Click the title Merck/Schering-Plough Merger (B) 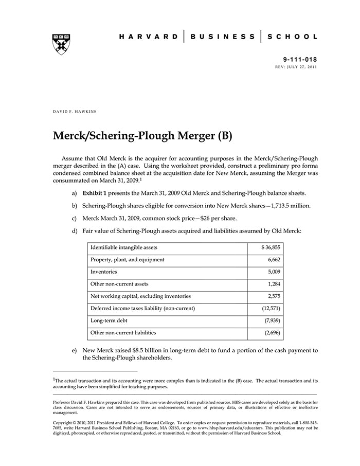(x=143, y=136)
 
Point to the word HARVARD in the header (x=149, y=37)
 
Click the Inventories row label (x=104, y=272)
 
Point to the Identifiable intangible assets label (x=124, y=248)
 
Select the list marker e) (x=75, y=350)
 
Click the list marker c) (x=75, y=218)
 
